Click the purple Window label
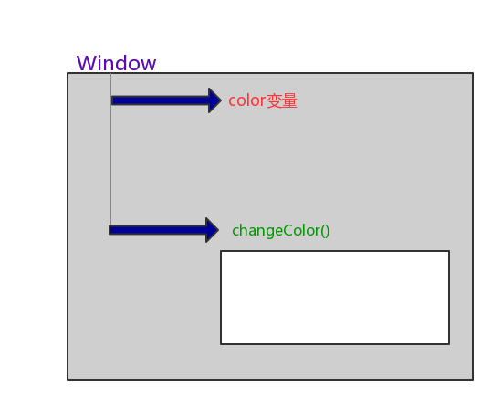click(x=116, y=63)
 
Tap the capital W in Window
click(x=87, y=63)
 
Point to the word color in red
click(x=246, y=100)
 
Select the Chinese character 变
click(x=274, y=100)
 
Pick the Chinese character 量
click(x=289, y=100)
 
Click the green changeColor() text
click(x=281, y=231)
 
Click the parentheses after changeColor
click(x=325, y=231)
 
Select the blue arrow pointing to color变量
click(x=166, y=100)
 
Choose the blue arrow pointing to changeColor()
click(x=164, y=230)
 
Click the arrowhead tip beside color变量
click(x=221, y=100)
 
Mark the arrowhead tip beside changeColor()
click(x=219, y=230)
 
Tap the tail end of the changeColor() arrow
click(x=110, y=230)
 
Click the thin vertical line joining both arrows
click(x=111, y=149)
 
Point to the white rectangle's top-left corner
click(x=221, y=251)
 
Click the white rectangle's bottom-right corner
click(x=449, y=344)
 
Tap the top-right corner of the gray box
click(x=473, y=73)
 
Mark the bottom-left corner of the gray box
click(x=68, y=380)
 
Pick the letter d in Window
click(x=125, y=63)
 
